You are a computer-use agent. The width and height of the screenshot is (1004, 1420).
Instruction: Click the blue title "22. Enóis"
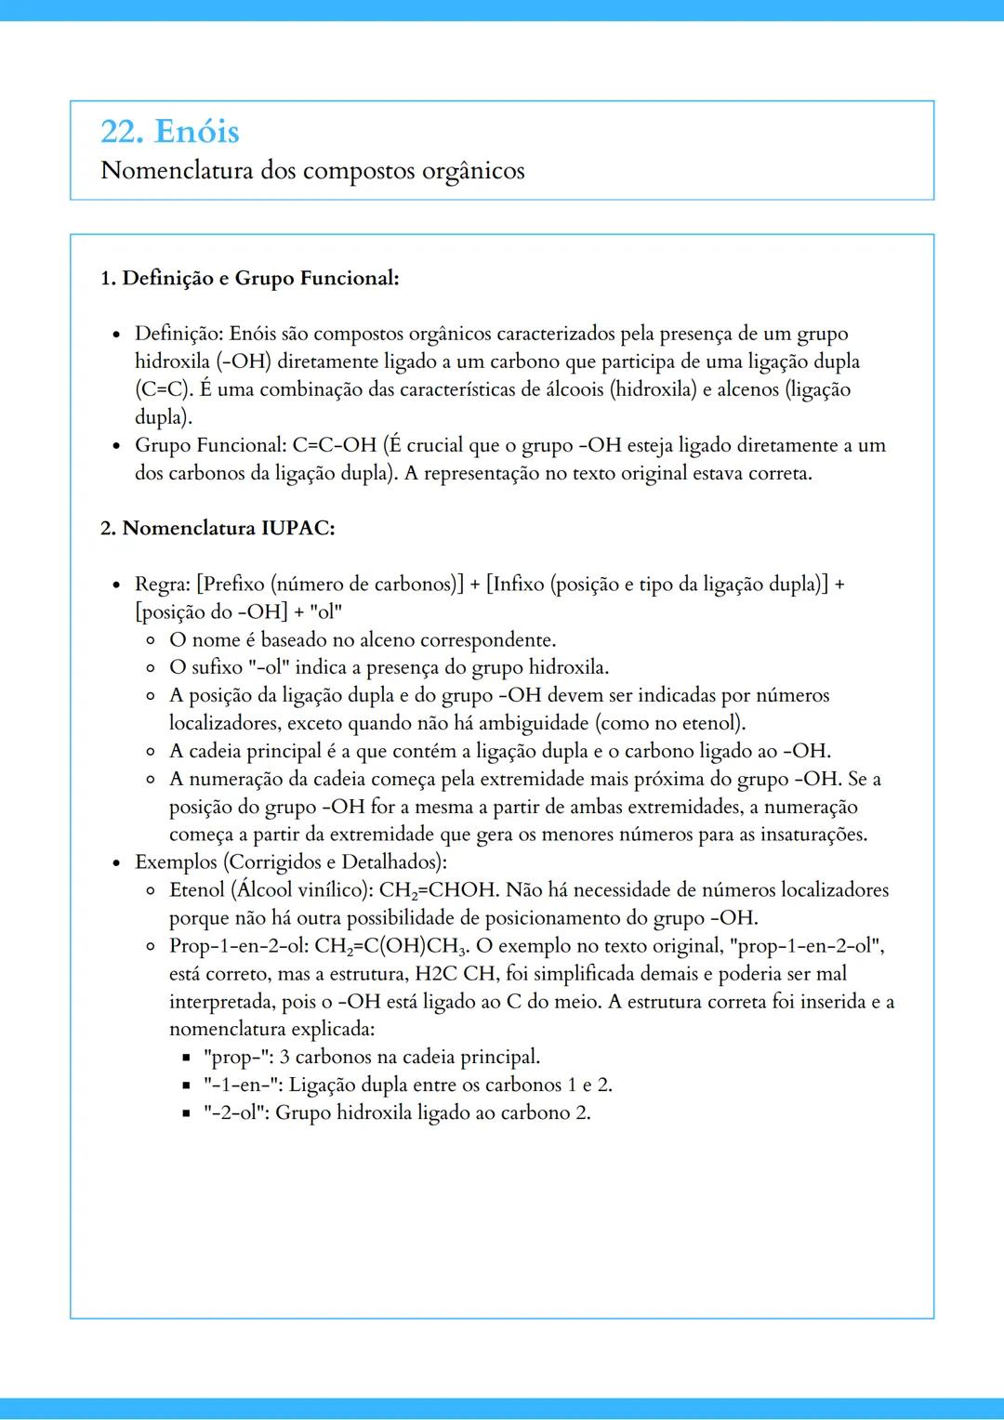point(170,131)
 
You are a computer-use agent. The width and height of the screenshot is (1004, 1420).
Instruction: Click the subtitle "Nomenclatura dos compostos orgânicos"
point(312,171)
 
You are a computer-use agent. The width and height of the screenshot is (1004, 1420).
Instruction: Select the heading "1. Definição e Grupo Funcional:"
point(249,278)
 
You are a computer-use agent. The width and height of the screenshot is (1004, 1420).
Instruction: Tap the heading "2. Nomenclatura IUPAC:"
point(218,528)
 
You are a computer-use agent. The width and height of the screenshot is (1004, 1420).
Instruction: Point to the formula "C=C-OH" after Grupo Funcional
point(334,445)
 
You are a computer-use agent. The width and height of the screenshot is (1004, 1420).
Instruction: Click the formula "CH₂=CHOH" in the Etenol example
point(437,890)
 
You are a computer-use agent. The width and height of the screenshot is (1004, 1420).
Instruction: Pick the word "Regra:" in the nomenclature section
point(163,584)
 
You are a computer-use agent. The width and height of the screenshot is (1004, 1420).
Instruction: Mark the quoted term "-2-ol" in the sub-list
point(233,1113)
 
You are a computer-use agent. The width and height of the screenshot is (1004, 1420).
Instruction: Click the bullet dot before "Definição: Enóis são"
point(116,335)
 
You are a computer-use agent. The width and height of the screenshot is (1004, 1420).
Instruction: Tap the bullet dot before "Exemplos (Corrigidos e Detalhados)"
point(116,863)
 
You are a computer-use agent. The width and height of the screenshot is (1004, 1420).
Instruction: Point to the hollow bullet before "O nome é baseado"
point(151,640)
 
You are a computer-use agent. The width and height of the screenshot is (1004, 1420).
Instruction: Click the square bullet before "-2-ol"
point(186,1113)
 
